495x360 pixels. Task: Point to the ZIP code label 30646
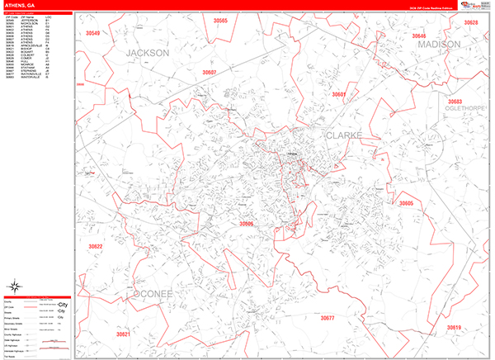point(419,36)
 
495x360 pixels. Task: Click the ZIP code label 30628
point(469,23)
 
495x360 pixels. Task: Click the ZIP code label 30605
point(405,203)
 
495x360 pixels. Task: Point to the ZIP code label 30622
point(95,247)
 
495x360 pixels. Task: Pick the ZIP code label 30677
point(328,318)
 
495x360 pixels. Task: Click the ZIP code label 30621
point(123,334)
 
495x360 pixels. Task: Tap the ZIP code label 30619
point(454,328)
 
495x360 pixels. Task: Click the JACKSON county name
point(148,52)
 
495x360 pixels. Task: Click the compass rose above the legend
point(14,287)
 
